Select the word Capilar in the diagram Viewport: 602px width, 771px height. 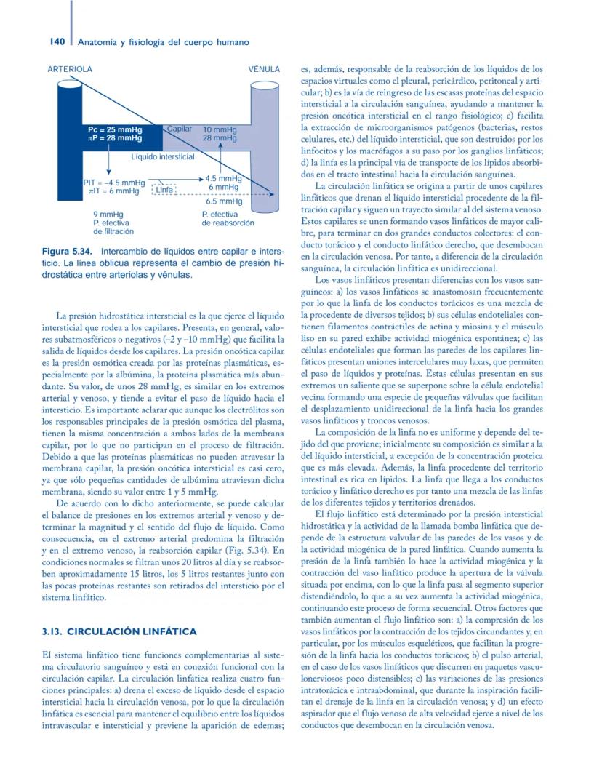(180, 128)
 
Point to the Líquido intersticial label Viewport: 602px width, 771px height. (162, 156)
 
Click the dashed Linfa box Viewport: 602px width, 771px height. (164, 191)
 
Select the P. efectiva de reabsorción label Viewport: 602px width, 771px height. (228, 219)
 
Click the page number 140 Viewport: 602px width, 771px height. (49, 41)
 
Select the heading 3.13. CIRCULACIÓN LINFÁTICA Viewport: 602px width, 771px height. (120, 632)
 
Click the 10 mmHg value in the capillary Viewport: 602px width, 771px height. (220, 129)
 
